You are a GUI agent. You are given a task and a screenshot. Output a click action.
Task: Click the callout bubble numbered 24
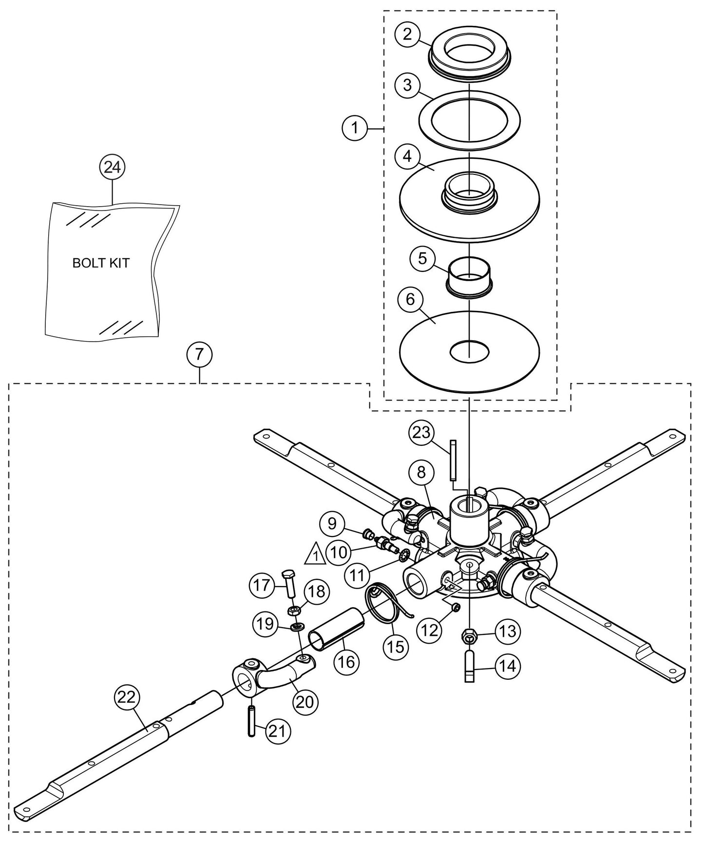tap(112, 167)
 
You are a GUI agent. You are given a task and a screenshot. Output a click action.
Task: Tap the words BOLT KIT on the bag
tap(101, 263)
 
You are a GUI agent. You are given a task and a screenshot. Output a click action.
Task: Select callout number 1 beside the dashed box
tap(355, 128)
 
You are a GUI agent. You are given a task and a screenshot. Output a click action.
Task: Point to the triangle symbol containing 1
tap(315, 553)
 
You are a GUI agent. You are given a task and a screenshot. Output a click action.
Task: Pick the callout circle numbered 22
tap(128, 698)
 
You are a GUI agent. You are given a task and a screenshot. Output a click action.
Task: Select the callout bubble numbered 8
tap(421, 472)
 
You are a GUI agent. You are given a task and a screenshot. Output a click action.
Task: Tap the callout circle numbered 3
tap(407, 85)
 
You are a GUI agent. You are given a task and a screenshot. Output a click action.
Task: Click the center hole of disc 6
tap(469, 350)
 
